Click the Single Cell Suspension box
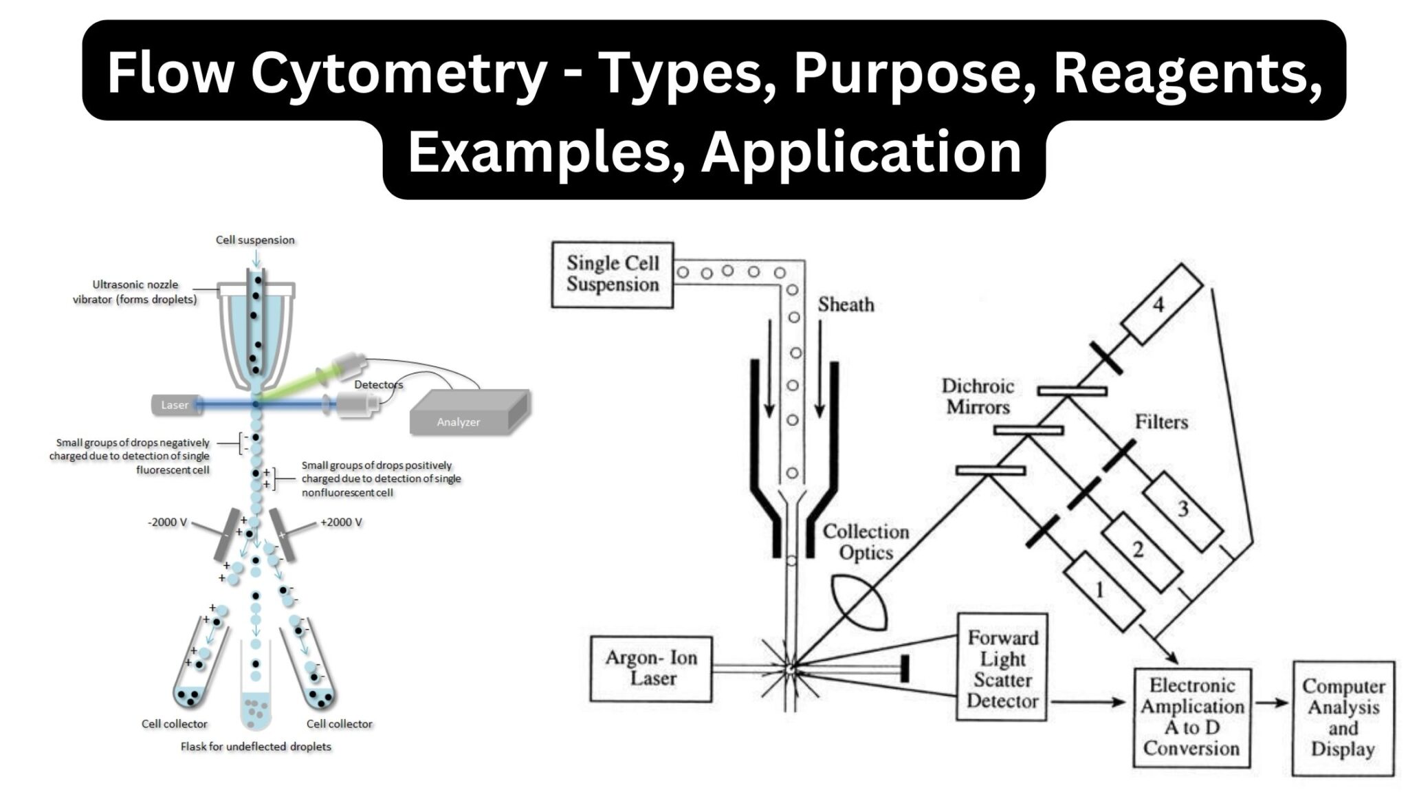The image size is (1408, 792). [x=613, y=274]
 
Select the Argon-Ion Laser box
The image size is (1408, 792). [x=651, y=668]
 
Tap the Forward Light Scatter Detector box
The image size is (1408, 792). [x=1002, y=668]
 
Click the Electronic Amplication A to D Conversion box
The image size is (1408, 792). [x=1191, y=717]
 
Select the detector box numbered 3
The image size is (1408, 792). [x=1182, y=511]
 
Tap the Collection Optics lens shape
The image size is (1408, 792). [x=859, y=603]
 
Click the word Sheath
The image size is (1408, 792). [x=846, y=305]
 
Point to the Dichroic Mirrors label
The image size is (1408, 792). [x=978, y=397]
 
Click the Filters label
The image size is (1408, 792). [x=1161, y=422]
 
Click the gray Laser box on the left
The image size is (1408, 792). [x=174, y=405]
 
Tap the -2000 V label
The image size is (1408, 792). [x=167, y=522]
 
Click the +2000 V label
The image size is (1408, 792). [x=341, y=522]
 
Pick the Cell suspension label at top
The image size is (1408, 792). [x=255, y=240]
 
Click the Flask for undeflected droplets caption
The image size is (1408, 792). [x=256, y=747]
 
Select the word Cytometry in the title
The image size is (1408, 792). [x=397, y=74]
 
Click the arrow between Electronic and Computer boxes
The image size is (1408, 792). [x=1271, y=703]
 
